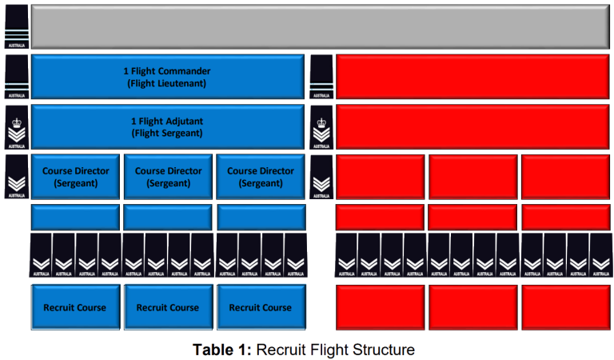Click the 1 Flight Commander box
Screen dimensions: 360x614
pos(167,77)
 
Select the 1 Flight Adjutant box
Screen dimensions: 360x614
pos(167,126)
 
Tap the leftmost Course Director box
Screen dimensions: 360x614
pos(75,176)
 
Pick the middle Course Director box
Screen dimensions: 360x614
pos(168,176)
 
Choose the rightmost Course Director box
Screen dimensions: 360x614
pos(260,176)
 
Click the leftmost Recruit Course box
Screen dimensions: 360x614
pos(75,307)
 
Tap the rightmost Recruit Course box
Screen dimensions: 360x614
pos(260,307)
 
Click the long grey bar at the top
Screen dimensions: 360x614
pos(321,26)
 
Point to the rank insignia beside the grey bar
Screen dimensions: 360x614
pos(17,26)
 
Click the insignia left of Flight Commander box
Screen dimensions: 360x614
pos(17,77)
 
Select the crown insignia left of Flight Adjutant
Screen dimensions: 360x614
pos(17,126)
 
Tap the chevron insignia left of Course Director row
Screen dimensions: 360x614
pos(17,177)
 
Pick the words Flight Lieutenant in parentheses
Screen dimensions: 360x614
pos(167,83)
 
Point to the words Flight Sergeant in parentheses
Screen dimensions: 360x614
pos(167,134)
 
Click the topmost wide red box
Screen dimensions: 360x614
pos(472,77)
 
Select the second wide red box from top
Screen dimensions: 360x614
pos(472,126)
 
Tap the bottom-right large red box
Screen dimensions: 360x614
pos(565,307)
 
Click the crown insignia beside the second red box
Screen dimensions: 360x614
pos(321,126)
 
